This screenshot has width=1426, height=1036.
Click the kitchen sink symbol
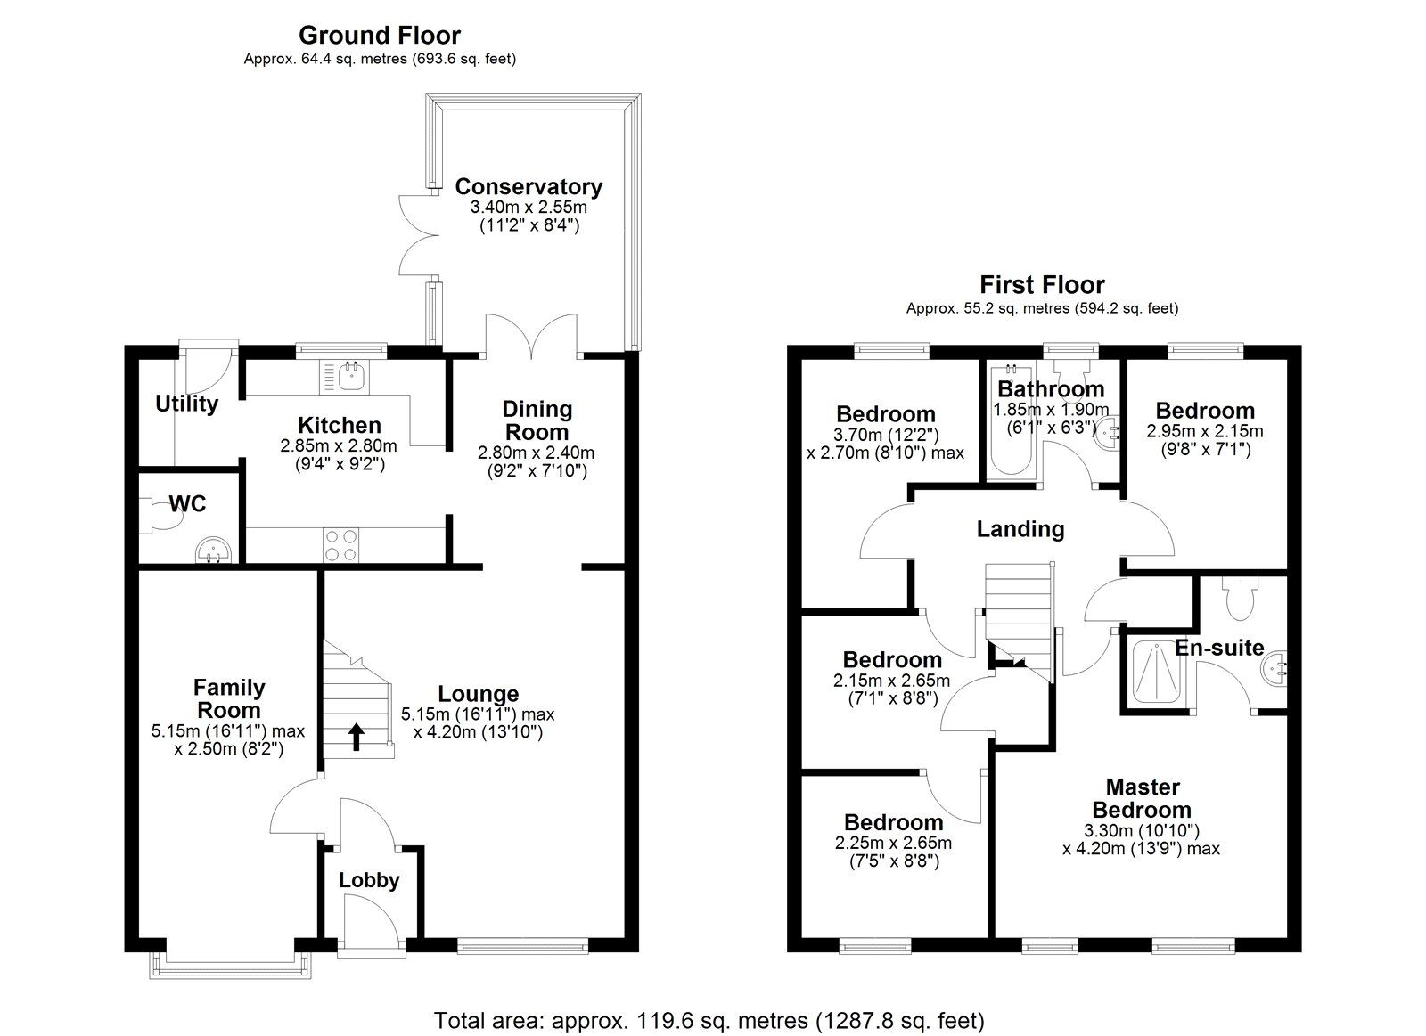click(349, 377)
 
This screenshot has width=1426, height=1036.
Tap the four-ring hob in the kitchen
click(341, 545)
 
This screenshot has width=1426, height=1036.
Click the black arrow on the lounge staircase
click(356, 737)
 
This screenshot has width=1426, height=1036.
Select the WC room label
click(188, 504)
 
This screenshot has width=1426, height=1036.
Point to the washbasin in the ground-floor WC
click(212, 551)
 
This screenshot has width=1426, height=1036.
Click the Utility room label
click(186, 404)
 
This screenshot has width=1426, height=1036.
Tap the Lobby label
click(369, 880)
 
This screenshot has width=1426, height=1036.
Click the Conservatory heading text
click(528, 186)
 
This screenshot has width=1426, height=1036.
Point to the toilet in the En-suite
click(1240, 599)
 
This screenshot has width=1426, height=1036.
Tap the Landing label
click(1020, 529)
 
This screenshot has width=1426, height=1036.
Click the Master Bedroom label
click(1142, 798)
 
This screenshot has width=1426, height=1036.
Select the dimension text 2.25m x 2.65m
click(893, 844)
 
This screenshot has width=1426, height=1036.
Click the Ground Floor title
click(379, 36)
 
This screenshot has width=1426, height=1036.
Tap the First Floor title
click(1042, 285)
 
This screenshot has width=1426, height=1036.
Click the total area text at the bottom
click(709, 1019)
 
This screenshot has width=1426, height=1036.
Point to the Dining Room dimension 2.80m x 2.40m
click(537, 453)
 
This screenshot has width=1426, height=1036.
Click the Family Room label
click(229, 698)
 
